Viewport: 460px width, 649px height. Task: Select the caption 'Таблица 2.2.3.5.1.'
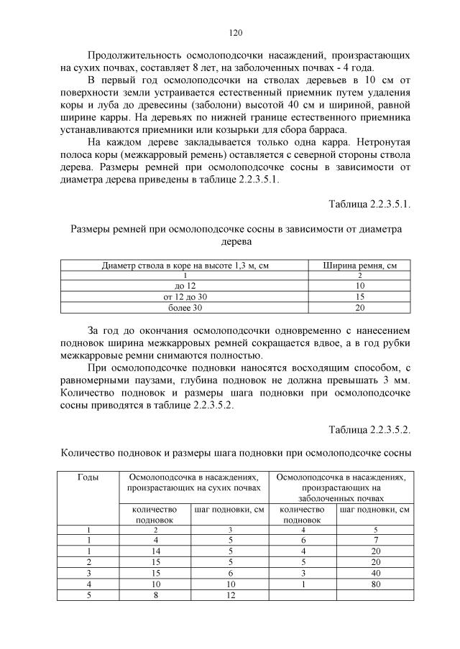coord(369,205)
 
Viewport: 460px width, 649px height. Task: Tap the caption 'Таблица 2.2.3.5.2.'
coord(369,430)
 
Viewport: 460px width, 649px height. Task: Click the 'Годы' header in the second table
coord(88,476)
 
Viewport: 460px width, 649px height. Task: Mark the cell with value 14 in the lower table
coord(156,551)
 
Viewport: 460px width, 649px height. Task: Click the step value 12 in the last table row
coord(230,596)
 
